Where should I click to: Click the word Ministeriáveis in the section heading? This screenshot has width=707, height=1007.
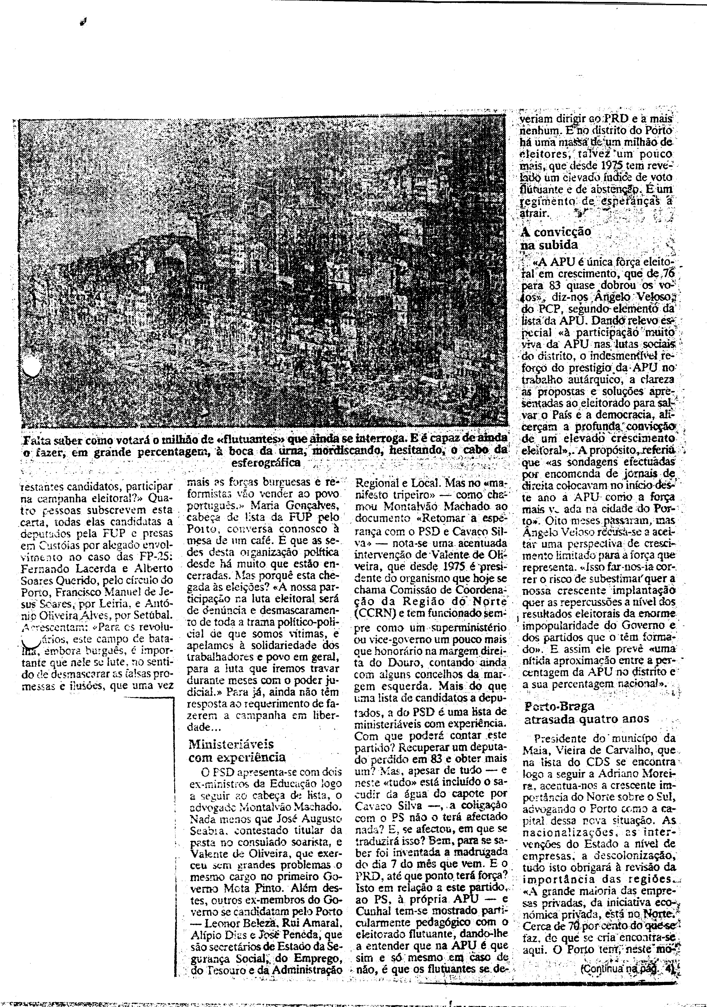coord(231,744)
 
